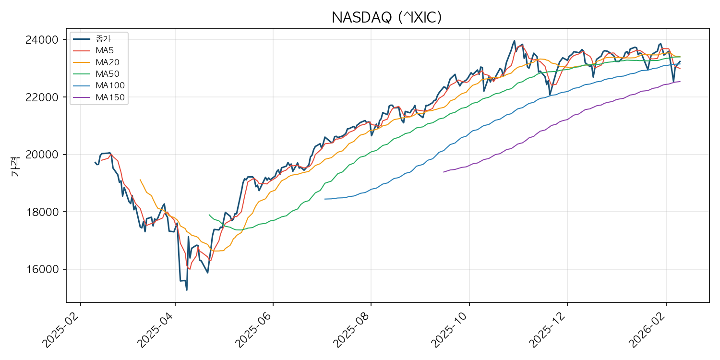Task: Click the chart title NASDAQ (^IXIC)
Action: click(386, 18)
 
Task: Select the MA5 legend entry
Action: click(105, 50)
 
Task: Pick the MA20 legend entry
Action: click(107, 62)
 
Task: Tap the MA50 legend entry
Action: click(107, 74)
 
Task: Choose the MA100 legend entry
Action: click(109, 85)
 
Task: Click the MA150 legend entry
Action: click(109, 97)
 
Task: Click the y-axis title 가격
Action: click(15, 166)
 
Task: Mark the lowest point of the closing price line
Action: click(186, 290)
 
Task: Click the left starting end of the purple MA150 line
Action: click(444, 172)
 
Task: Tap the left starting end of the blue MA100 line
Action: click(325, 199)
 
